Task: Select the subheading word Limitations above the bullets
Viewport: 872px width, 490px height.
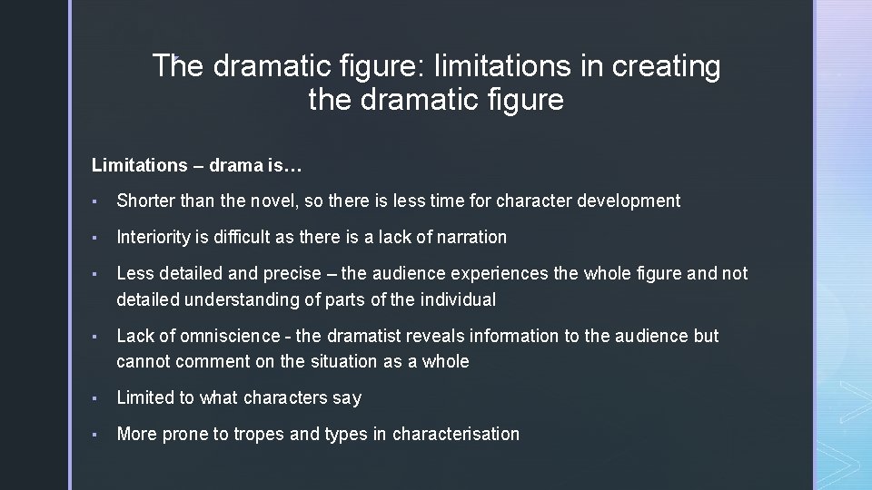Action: [139, 165]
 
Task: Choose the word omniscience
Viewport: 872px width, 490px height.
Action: [230, 336]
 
